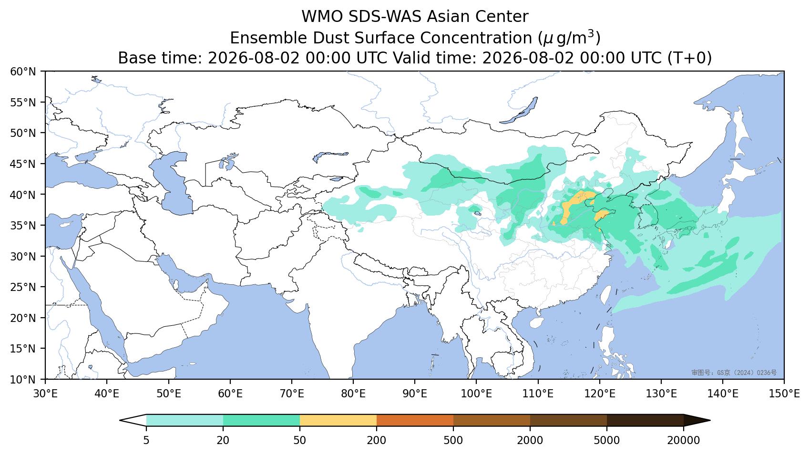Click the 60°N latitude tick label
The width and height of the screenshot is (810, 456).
pos(23,72)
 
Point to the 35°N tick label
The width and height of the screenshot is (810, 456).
pos(23,226)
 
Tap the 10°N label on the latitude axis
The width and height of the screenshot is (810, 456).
pos(23,380)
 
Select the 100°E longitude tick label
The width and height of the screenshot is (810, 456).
pos(476,394)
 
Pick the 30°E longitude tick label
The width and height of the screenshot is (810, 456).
pos(45,394)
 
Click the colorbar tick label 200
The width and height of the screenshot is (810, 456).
pos(377,440)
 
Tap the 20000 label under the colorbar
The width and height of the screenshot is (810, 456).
pos(684,440)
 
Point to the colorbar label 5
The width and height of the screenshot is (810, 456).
pos(146,440)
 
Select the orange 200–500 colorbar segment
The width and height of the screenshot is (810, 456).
pos(415,421)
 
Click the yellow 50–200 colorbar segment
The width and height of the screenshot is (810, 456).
pos(338,421)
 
